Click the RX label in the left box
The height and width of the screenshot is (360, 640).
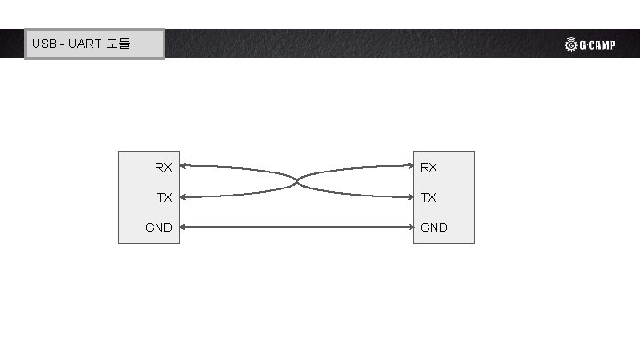point(164,167)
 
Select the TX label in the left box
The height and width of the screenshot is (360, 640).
point(164,197)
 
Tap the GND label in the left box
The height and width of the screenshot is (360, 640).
point(159,228)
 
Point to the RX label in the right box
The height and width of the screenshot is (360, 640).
point(428,167)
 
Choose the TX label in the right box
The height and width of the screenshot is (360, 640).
point(428,197)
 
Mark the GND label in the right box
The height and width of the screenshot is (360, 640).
point(434,228)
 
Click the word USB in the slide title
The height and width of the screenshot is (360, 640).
point(44,44)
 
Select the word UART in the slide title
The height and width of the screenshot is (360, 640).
point(85,44)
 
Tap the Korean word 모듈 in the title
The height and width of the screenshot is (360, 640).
point(118,44)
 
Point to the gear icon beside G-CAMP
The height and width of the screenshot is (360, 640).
point(571,45)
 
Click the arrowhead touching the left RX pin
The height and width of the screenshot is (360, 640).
point(183,166)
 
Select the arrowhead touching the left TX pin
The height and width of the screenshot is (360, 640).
point(183,197)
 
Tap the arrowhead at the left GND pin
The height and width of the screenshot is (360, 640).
point(183,228)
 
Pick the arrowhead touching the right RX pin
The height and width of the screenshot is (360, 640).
point(410,166)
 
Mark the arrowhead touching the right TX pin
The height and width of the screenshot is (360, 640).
point(410,197)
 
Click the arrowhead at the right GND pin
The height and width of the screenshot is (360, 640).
point(410,228)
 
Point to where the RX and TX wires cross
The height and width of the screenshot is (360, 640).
point(296,181)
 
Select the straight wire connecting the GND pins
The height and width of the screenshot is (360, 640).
point(296,228)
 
